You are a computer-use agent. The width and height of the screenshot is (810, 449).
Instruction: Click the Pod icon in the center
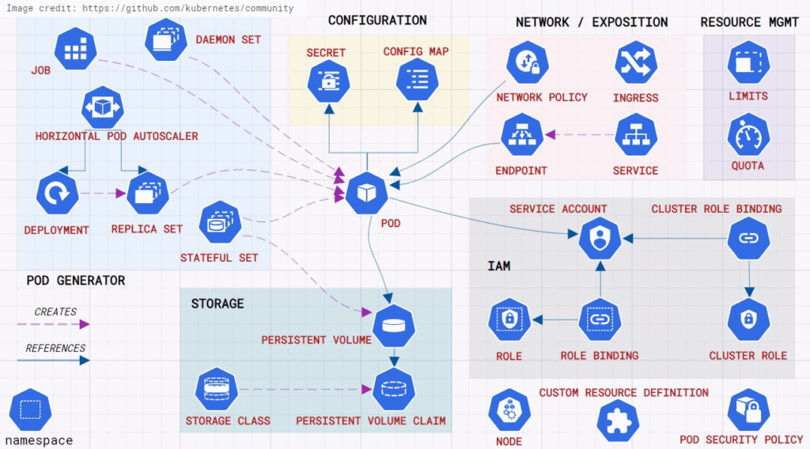(367, 194)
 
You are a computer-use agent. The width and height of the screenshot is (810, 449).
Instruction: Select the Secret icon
(328, 81)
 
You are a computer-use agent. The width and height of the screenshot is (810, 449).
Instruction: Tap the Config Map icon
(418, 80)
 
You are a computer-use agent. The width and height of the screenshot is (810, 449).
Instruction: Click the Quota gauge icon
(748, 136)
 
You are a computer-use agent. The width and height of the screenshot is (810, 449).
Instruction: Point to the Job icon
(75, 49)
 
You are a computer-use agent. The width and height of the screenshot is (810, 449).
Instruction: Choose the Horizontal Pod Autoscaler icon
(102, 108)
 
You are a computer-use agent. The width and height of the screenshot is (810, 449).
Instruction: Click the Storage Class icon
(217, 389)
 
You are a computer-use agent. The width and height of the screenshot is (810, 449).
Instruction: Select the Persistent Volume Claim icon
(394, 389)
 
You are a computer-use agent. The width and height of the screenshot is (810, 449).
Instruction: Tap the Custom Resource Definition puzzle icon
(618, 421)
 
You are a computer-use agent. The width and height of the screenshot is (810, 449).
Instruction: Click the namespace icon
(31, 409)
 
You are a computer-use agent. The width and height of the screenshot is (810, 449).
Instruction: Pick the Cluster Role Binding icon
(748, 238)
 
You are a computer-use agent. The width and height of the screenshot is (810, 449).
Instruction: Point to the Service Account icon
(600, 238)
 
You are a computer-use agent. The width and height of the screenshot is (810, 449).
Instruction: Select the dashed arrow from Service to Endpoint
(580, 134)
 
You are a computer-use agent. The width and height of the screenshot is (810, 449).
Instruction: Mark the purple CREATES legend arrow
(53, 324)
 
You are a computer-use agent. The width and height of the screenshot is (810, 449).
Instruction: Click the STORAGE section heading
(218, 304)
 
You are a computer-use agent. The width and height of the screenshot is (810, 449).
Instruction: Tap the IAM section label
(499, 266)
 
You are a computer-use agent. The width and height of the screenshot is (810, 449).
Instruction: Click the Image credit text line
(150, 8)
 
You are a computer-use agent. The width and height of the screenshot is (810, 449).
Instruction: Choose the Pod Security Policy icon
(748, 409)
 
